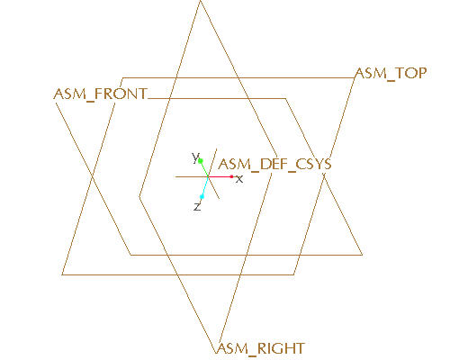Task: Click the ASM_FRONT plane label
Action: coord(101,94)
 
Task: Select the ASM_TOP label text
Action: coord(391,74)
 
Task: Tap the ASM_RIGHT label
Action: coord(260,349)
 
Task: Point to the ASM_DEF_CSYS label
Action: coord(274,165)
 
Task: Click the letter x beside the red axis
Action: coord(239,179)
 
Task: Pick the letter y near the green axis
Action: coord(195,157)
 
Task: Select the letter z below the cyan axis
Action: coord(197,206)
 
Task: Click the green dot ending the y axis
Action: coord(201,161)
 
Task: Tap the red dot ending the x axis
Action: coord(231,176)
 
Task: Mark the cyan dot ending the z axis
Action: coord(202,197)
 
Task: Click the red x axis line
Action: coord(220,176)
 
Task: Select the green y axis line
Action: coord(204,169)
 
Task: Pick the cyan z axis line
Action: coord(205,186)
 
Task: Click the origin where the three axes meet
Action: coord(208,176)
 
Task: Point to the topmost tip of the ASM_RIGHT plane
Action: coord(200,1)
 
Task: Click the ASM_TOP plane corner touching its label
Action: coord(355,78)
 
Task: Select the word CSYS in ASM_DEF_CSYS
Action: coord(313,164)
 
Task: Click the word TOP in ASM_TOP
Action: coord(410,73)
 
